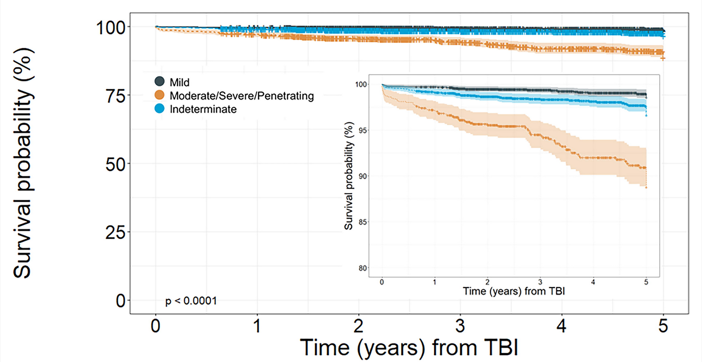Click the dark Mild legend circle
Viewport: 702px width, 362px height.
pos(159,81)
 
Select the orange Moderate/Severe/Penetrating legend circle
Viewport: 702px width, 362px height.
pos(159,95)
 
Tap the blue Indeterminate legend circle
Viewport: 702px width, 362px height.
pos(159,108)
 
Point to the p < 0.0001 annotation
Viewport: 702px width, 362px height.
pos(191,301)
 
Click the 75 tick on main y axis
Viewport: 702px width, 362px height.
pos(115,95)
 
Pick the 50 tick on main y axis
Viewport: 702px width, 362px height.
pos(115,164)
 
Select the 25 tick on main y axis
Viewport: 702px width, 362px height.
pos(115,232)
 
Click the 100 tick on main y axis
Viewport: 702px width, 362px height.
pos(111,28)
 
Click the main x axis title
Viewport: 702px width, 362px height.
pos(409,348)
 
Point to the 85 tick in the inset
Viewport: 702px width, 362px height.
pos(362,222)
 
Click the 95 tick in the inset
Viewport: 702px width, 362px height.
pos(362,131)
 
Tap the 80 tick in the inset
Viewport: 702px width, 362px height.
pos(362,268)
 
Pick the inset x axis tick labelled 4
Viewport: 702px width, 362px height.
pos(593,283)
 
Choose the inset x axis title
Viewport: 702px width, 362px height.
pos(514,291)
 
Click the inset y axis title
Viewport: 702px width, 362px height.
pos(349,176)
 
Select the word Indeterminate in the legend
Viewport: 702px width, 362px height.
pos(203,109)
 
